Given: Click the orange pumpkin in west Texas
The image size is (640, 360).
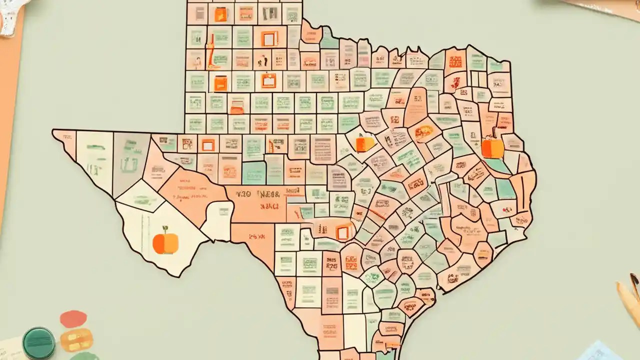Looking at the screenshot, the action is (165, 243).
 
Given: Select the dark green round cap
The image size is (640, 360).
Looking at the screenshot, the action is (39, 342).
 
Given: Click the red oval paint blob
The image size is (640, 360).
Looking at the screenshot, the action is (73, 318).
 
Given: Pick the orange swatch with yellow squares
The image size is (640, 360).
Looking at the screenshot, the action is (76, 340).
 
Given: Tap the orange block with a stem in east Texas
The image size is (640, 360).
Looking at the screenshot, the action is (492, 147).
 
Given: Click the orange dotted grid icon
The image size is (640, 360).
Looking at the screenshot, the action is (455, 61).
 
